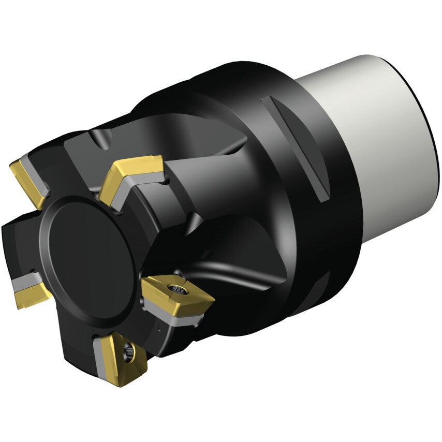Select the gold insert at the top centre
tap(129, 173)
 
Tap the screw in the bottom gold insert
tap(128, 354)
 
